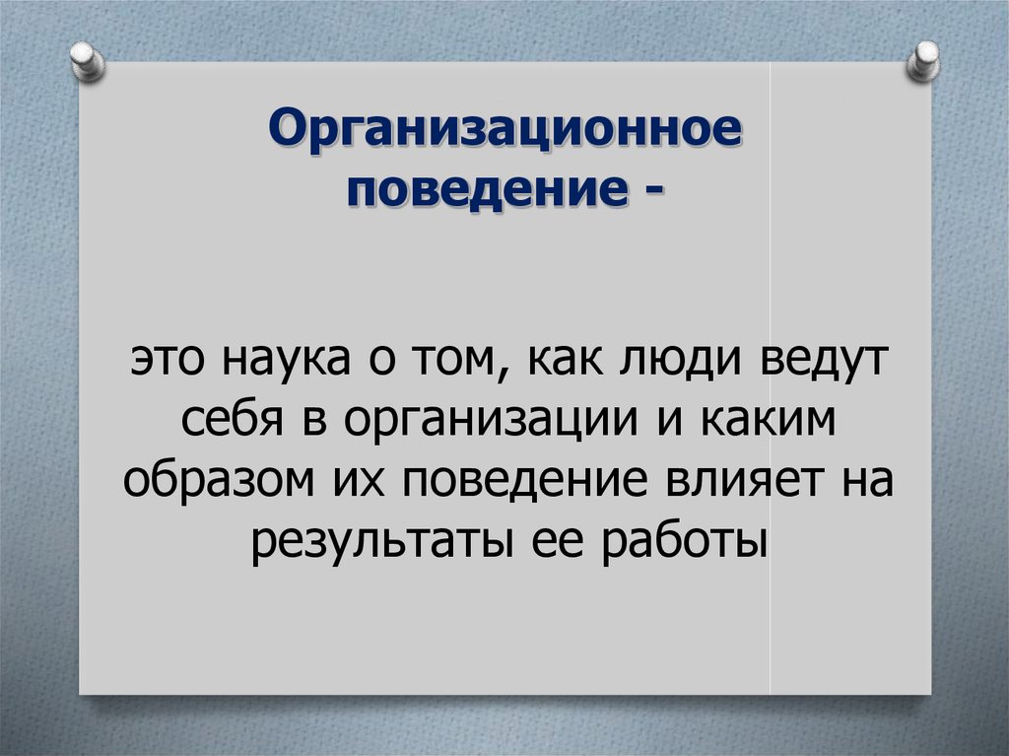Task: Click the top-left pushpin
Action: [x=88, y=62]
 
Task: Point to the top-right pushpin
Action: [x=923, y=61]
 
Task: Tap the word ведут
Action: [x=825, y=362]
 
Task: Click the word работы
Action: [x=685, y=542]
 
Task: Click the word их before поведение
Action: [x=359, y=482]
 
